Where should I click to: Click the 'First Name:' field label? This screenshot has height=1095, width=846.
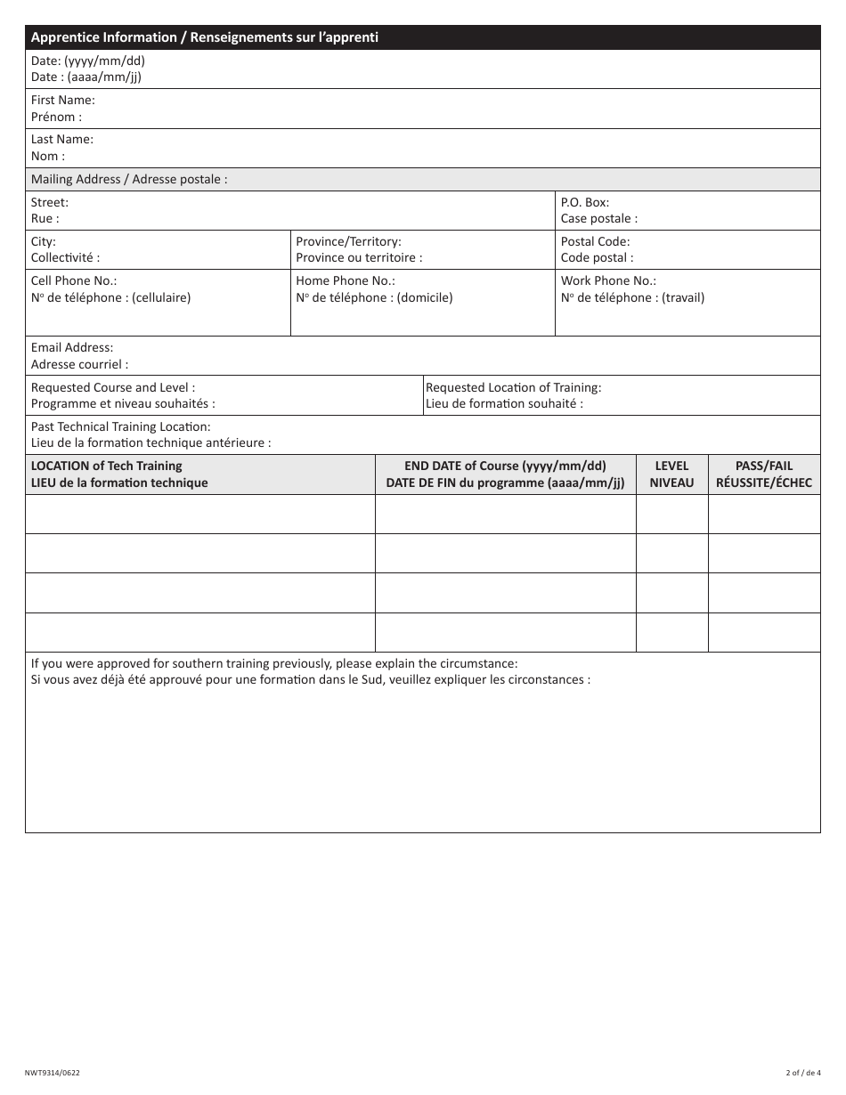coord(63,101)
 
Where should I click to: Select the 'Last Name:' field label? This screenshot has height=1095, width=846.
coord(62,140)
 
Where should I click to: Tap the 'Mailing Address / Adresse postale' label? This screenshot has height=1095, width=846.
coord(129,179)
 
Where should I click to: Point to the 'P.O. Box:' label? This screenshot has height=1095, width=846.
coord(585,202)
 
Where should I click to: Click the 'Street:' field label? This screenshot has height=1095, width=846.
coord(50,202)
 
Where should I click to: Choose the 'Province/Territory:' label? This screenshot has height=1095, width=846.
coord(348,241)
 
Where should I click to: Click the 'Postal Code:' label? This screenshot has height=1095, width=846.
coord(595,241)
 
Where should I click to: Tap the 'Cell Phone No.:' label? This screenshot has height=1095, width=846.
coord(74,280)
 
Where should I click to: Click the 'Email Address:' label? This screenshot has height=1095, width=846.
coord(72,347)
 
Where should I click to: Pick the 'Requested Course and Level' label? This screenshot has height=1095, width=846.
coord(113,387)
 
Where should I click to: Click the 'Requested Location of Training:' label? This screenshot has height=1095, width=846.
coord(513,387)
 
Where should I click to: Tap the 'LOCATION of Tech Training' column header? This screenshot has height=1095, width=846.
coord(107,466)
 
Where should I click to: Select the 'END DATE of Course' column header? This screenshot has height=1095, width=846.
coord(505,466)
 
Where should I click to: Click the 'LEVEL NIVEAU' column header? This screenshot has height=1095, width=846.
coord(671,474)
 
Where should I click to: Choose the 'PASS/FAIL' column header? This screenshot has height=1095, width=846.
coord(763,466)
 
